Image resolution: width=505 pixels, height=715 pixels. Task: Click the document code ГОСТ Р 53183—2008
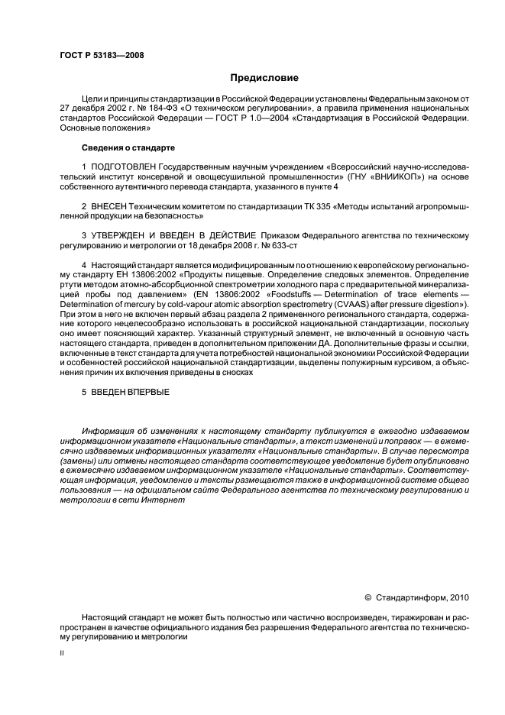click(101, 55)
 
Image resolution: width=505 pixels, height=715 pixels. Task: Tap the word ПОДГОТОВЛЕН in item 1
click(126, 166)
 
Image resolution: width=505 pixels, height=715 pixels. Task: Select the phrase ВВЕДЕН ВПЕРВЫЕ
click(129, 392)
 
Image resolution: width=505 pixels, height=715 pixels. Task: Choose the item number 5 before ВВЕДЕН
click(84, 392)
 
